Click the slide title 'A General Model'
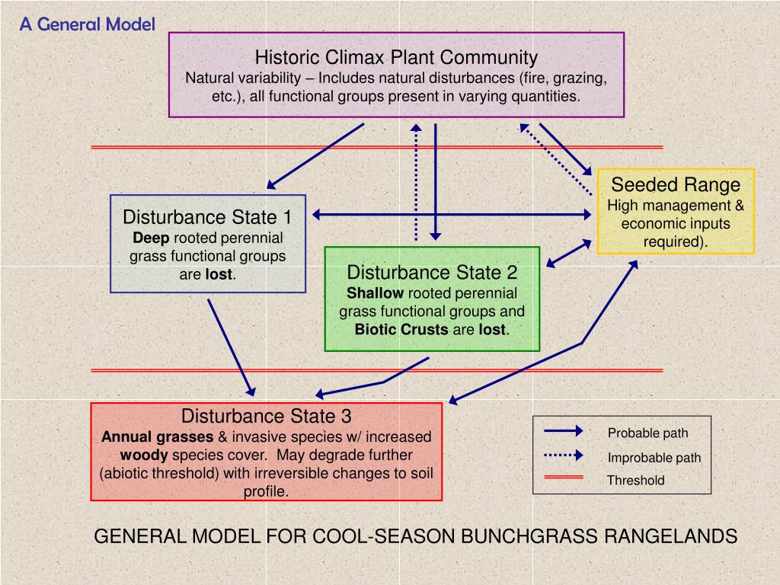(87, 24)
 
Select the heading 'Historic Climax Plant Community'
(396, 57)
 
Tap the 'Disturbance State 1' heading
(207, 217)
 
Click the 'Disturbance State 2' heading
(432, 273)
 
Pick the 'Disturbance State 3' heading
(266, 417)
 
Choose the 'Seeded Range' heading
(676, 185)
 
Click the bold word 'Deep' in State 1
(151, 238)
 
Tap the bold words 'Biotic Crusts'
(401, 330)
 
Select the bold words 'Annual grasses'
(158, 437)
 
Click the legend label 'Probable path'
(647, 433)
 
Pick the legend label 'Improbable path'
(654, 458)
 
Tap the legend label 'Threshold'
(635, 481)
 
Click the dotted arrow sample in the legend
(564, 456)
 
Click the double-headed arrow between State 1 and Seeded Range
(452, 216)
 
